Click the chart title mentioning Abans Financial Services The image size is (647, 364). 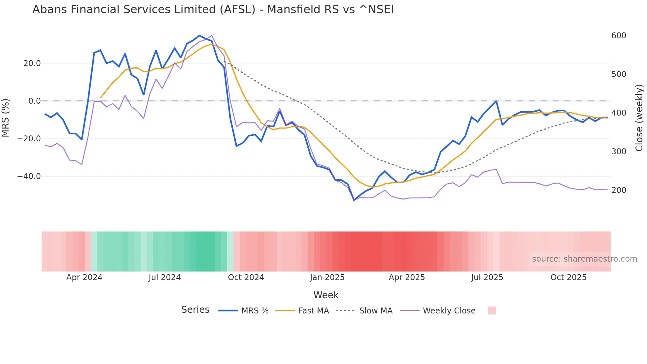click(x=213, y=10)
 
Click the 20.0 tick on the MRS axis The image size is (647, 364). click(x=32, y=63)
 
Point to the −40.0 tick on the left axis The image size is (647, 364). click(x=29, y=176)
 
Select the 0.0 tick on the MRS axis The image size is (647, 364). click(x=34, y=101)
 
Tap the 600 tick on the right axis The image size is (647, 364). click(x=619, y=36)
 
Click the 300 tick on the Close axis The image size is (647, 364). click(x=619, y=152)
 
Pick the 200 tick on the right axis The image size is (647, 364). click(x=619, y=190)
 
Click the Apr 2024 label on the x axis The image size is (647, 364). click(x=84, y=277)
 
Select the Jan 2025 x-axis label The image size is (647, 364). click(x=327, y=277)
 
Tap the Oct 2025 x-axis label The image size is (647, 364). click(x=568, y=277)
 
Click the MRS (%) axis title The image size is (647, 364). click(x=6, y=118)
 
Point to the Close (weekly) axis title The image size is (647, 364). click(x=639, y=118)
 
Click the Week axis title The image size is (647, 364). click(x=326, y=295)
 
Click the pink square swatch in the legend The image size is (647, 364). click(x=492, y=310)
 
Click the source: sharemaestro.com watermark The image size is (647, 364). click(x=584, y=259)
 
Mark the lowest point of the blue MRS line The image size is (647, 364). click(x=354, y=200)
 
